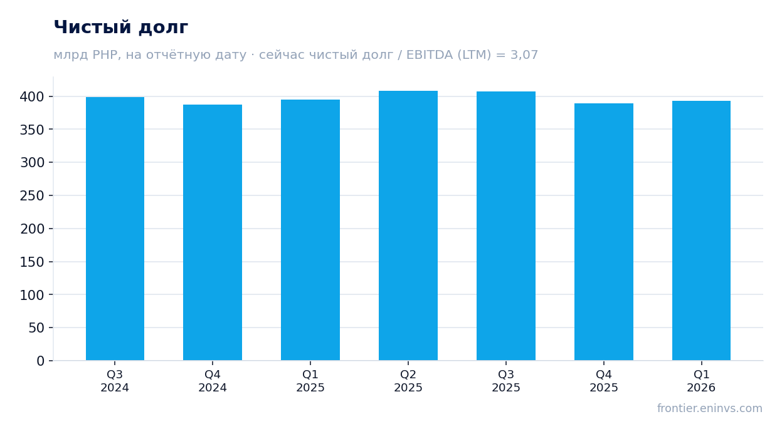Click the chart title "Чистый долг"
[121, 27]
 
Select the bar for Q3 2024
[115, 229]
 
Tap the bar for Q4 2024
[213, 232]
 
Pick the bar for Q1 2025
[310, 230]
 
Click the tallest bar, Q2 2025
[408, 225]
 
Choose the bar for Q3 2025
[506, 226]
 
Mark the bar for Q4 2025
[604, 232]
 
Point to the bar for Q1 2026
[701, 230]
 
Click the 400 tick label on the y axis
[32, 96]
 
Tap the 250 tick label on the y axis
[32, 195]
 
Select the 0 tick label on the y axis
[41, 361]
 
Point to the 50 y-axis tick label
[36, 328]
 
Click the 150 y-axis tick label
[32, 262]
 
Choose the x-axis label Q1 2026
[701, 381]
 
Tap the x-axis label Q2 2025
[408, 381]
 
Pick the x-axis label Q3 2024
[115, 381]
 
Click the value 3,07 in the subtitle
[524, 55]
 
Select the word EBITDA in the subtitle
[430, 54]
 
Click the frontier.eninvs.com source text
[710, 408]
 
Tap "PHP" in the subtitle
[105, 54]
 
